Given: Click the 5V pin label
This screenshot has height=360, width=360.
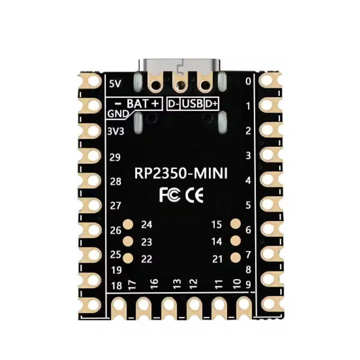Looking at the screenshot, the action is point(115,83).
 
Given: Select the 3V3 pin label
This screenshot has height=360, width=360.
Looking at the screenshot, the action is point(116,131).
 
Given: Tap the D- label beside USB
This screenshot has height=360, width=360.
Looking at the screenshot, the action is point(174,104).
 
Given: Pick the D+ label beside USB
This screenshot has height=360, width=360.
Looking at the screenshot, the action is point(211,104).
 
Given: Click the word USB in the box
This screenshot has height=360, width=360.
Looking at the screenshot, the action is point(193,104).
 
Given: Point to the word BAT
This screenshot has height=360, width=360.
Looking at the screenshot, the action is point(137,104).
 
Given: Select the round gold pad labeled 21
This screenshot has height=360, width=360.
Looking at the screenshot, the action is point(235,258).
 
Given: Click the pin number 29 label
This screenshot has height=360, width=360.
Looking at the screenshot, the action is point(116,157).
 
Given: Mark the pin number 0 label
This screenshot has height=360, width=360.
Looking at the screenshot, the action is point(247,81).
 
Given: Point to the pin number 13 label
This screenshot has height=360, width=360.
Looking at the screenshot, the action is point(177,283).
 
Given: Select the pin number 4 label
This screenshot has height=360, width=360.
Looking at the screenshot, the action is point(247,180).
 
